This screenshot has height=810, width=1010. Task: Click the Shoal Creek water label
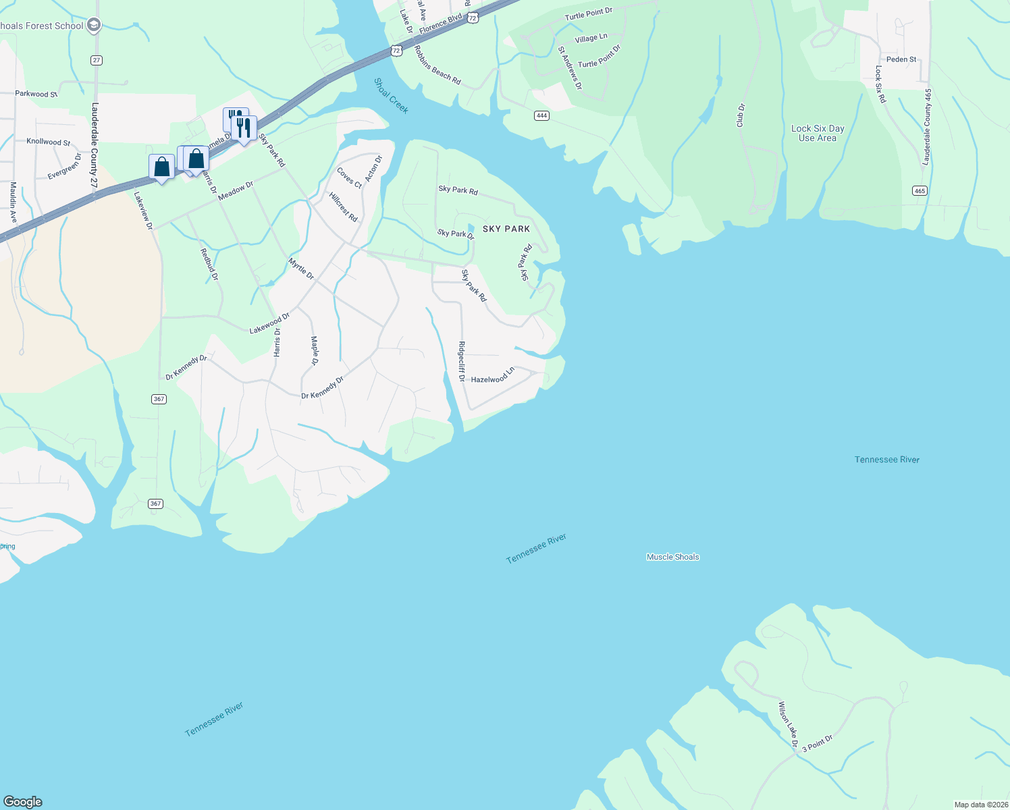tap(391, 96)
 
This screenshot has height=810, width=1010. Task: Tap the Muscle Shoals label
tap(672, 557)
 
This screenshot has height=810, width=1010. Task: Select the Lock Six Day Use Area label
tap(818, 133)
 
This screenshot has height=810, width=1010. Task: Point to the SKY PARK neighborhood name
tap(506, 229)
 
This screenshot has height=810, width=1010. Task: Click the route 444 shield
tap(541, 115)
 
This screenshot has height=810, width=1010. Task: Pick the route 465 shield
tap(920, 191)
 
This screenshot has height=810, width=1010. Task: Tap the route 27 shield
tap(97, 60)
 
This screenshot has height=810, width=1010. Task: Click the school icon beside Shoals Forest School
tap(94, 26)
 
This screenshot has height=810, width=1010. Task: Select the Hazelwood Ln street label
tap(493, 375)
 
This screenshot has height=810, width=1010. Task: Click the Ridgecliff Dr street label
tap(462, 362)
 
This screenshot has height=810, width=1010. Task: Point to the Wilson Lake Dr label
tap(788, 726)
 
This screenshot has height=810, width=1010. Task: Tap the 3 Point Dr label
tap(818, 743)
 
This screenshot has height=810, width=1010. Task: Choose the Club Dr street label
tap(741, 115)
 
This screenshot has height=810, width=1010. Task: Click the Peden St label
tap(901, 59)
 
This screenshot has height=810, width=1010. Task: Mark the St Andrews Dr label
tap(569, 68)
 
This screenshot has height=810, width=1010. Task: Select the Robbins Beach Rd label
tap(437, 65)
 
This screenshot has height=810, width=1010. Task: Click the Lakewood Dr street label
tap(269, 323)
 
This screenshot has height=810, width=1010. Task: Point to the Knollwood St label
tap(48, 142)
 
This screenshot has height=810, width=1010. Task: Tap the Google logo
tap(23, 801)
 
